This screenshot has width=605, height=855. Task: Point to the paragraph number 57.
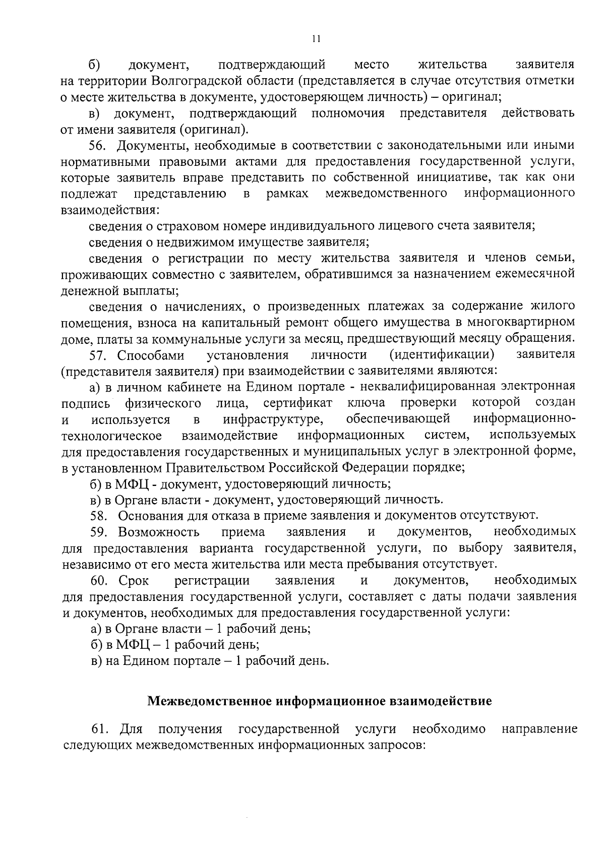point(98,355)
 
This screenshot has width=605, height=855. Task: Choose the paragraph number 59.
point(99,532)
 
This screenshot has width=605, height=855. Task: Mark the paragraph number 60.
point(99,581)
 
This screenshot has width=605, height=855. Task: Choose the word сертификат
point(297,403)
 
